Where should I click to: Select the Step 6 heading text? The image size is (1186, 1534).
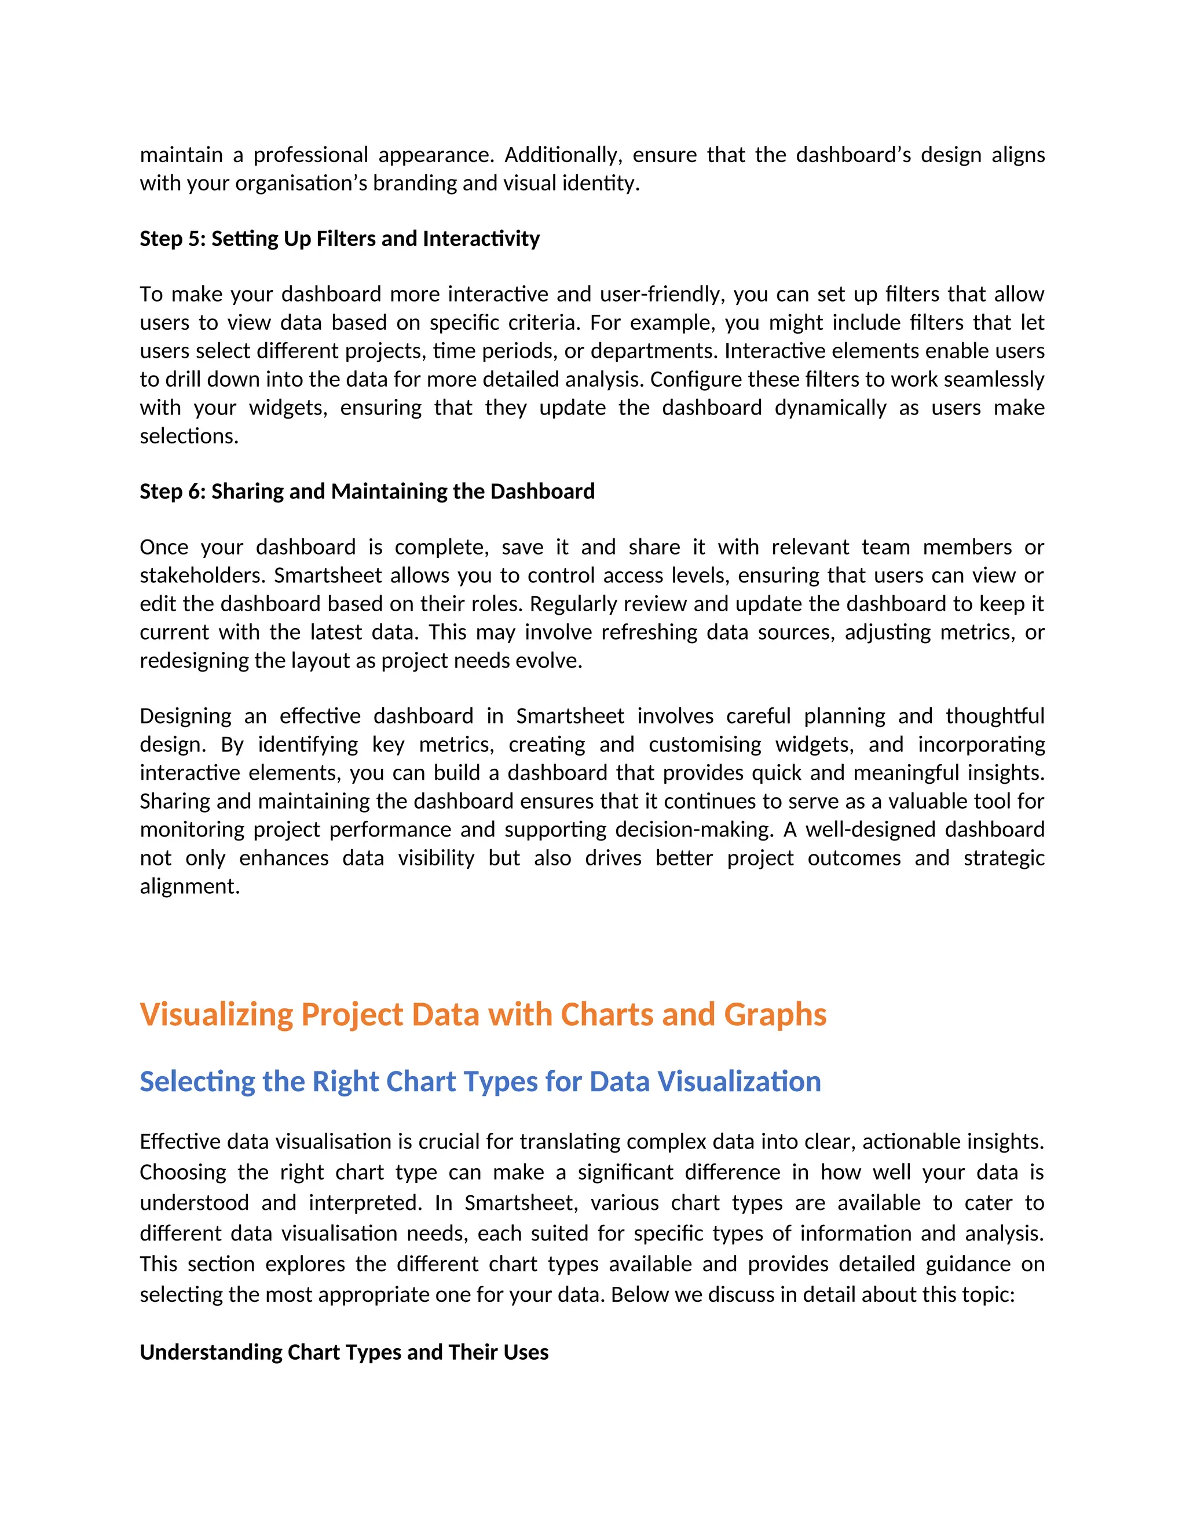click(x=367, y=491)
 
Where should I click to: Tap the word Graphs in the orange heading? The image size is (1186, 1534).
click(x=775, y=1014)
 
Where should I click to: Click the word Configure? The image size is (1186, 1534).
click(x=693, y=379)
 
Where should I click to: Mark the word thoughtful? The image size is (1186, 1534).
click(x=994, y=715)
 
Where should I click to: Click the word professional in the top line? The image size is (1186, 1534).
click(x=310, y=155)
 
